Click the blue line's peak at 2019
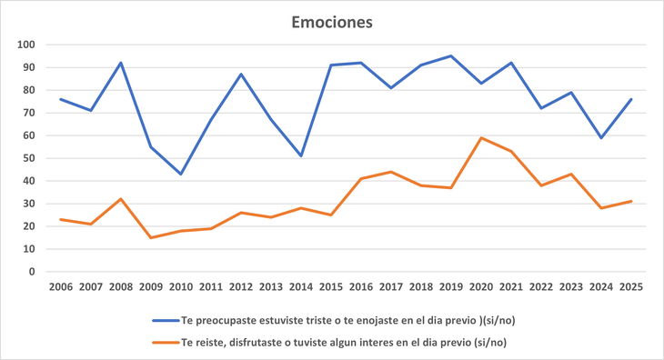(451, 56)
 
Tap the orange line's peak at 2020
(481, 138)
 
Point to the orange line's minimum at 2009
(151, 237)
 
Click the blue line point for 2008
(121, 63)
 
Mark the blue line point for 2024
(601, 137)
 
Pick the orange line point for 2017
(391, 172)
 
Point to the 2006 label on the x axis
(61, 288)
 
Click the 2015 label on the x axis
(331, 288)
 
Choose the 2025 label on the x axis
(631, 288)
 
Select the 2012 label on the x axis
(241, 288)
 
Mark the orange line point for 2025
(631, 201)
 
